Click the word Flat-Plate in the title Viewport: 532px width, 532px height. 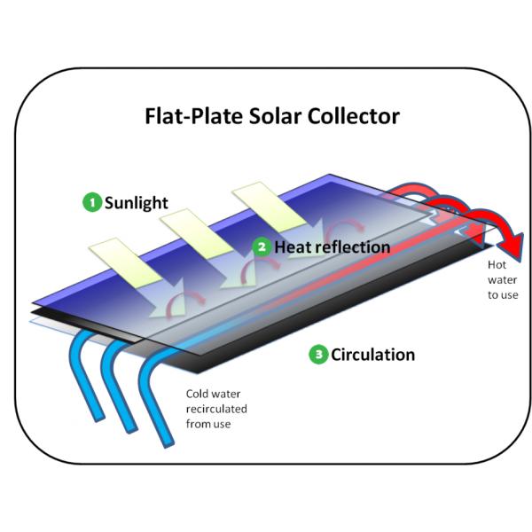coord(185,116)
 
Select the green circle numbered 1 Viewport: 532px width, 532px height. coord(91,202)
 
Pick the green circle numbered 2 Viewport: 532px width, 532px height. coord(261,246)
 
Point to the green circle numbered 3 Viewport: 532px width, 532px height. coord(317,356)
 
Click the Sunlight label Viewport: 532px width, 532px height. coord(136,202)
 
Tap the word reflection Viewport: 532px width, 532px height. coord(350,246)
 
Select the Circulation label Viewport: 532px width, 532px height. coord(372,356)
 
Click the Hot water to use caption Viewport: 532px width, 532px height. coord(503,279)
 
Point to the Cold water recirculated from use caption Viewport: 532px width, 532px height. coord(215,409)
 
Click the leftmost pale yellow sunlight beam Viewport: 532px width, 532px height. coord(119,258)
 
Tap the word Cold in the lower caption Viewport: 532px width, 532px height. coord(197,395)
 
